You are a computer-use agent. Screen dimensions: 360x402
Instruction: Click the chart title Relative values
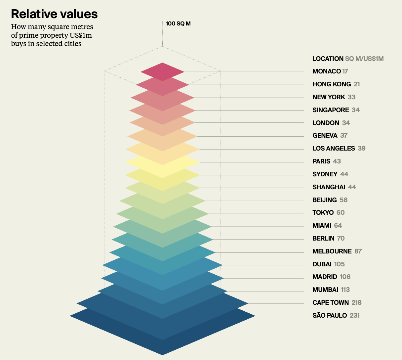pos(54,14)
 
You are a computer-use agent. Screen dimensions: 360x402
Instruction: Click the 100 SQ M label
pos(178,23)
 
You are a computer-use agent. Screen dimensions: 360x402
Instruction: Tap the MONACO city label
pos(326,71)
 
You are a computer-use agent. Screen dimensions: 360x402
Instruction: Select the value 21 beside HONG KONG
pos(357,84)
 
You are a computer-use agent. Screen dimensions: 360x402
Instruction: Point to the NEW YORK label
pos(329,97)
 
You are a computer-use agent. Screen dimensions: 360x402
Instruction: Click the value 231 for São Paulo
pos(354,315)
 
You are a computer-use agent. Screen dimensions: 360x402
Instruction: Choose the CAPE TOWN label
pos(331,302)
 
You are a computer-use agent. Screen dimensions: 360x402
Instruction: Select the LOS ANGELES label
pos(334,148)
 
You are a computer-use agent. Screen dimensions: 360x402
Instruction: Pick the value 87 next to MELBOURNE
pos(358,251)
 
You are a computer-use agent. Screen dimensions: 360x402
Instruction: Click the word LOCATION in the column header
pos(328,59)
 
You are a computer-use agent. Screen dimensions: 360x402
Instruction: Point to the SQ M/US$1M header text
pos(364,59)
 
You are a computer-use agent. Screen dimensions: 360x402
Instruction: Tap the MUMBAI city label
pos(325,290)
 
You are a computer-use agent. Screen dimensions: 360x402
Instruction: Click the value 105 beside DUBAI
pos(340,264)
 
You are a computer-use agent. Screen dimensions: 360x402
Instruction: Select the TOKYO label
pos(323,212)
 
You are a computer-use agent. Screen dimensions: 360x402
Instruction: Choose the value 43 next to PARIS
pos(337,161)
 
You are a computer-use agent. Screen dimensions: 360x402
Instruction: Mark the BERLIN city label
pos(323,238)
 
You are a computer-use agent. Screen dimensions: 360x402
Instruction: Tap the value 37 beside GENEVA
pos(344,135)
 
